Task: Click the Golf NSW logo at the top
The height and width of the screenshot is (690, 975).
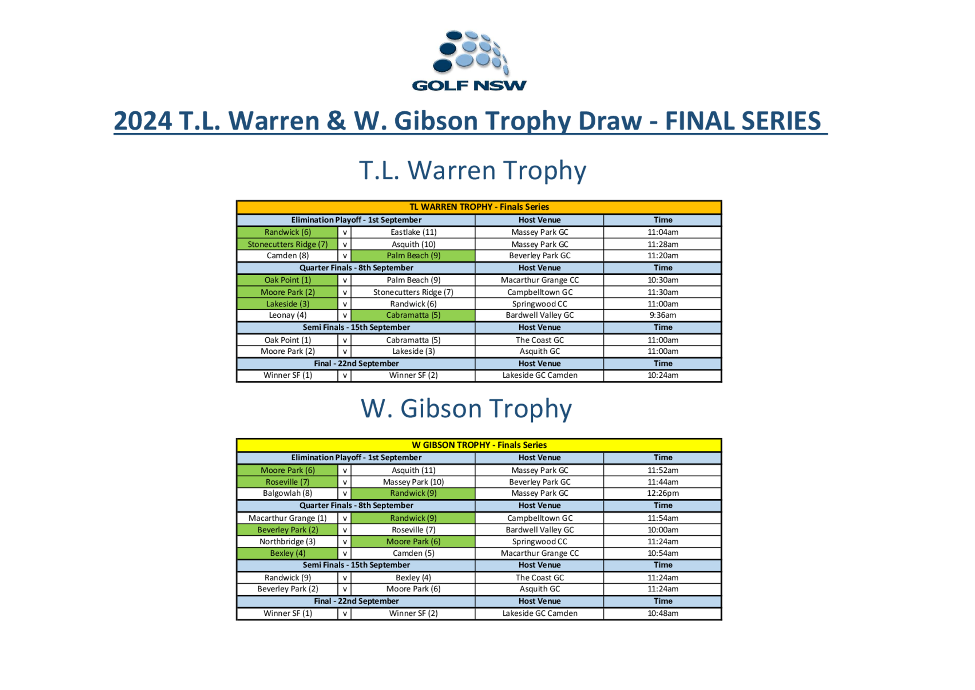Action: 469,61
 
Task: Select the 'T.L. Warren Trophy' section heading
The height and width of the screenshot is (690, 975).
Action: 472,170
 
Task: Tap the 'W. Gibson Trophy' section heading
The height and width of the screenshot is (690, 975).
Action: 466,408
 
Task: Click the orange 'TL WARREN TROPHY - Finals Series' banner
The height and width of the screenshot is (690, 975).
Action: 479,207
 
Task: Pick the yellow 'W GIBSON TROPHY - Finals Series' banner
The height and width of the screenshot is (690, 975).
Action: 479,445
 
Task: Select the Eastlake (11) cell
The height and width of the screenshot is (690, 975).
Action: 413,232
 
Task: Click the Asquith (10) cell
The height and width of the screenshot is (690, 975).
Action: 413,244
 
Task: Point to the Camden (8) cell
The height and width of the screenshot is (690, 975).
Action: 288,256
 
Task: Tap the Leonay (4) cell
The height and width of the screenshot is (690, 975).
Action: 288,315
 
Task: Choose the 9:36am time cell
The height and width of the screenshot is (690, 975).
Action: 663,315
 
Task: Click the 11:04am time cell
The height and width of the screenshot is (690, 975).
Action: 663,232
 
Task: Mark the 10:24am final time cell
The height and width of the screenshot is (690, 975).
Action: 663,375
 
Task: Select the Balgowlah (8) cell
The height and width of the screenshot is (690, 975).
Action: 288,493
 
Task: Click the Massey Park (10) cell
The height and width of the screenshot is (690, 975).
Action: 413,482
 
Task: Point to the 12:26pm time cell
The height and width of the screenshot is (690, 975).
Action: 663,493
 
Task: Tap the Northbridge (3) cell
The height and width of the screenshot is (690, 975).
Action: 288,542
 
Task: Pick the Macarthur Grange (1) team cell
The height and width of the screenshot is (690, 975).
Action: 288,518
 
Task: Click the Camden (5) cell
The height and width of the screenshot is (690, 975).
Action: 413,553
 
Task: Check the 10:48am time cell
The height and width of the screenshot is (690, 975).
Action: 663,613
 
